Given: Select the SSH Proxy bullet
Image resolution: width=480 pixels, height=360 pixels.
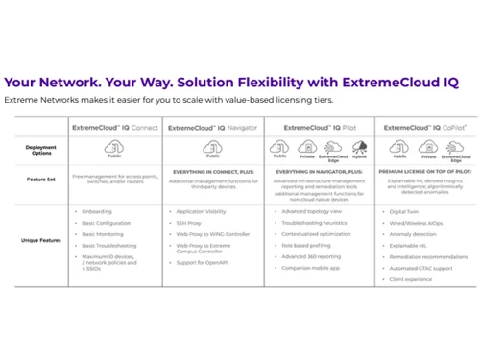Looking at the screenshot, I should pyautogui.click(x=188, y=222).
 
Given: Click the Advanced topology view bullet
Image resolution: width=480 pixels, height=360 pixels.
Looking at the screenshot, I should pyautogui.click(x=313, y=210).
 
